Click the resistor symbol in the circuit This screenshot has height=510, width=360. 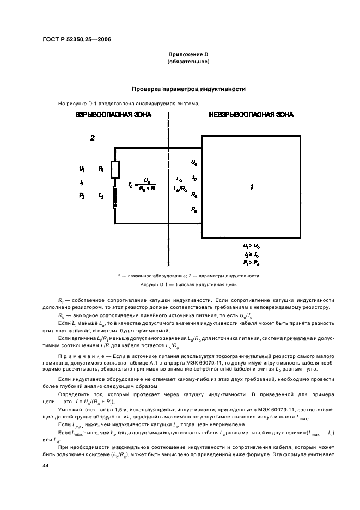click(115, 170)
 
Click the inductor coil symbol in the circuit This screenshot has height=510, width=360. click(115, 196)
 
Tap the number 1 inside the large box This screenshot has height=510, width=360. click(251, 187)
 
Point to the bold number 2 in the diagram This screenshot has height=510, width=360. click(93, 138)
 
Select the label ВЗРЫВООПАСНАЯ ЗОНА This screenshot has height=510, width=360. click(113, 114)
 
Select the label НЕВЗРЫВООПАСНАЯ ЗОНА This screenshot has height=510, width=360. click(251, 114)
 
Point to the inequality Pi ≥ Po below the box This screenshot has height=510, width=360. click(251, 264)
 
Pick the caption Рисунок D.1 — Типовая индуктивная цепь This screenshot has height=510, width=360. click(188, 284)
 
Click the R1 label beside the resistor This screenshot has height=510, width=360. click(101, 169)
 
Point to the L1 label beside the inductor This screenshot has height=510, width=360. click(101, 196)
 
